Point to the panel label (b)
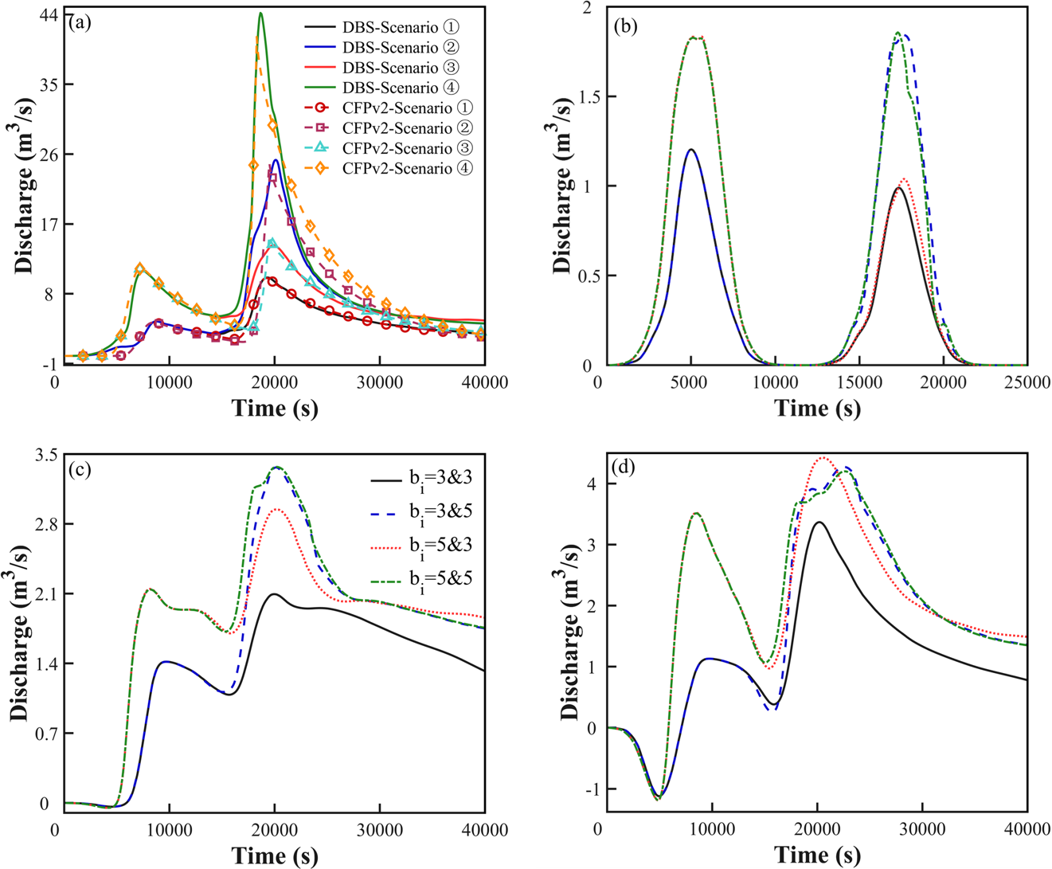click(625, 24)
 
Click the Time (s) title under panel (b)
click(817, 409)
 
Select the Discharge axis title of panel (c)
click(21, 633)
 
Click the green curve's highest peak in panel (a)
click(260, 14)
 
